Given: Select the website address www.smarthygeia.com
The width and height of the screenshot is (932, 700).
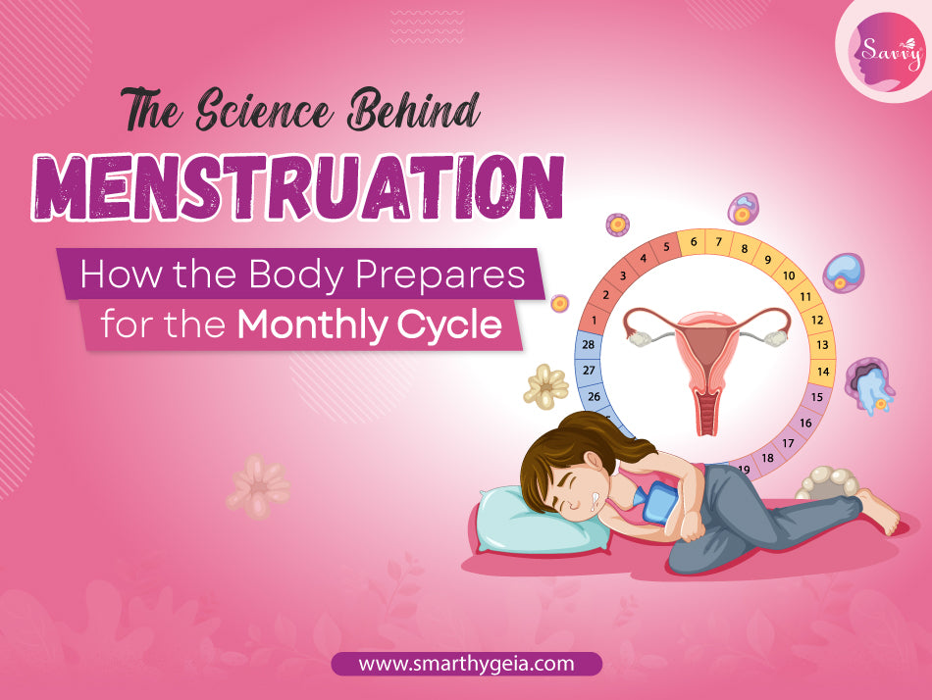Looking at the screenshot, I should (x=466, y=664).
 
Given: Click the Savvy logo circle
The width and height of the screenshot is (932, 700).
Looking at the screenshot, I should (x=882, y=50).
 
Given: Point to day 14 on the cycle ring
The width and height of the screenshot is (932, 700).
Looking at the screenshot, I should (x=822, y=372).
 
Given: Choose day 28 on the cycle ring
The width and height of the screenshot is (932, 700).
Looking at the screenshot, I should (x=590, y=345).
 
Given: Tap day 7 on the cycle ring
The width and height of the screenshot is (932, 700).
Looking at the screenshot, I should (x=718, y=241).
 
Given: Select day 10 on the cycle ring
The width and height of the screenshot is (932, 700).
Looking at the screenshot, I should (x=788, y=275).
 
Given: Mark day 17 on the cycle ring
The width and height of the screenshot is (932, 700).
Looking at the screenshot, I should (x=789, y=443).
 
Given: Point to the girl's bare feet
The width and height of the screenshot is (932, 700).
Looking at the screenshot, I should (x=878, y=511).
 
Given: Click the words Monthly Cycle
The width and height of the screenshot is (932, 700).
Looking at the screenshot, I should (x=378, y=325).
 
